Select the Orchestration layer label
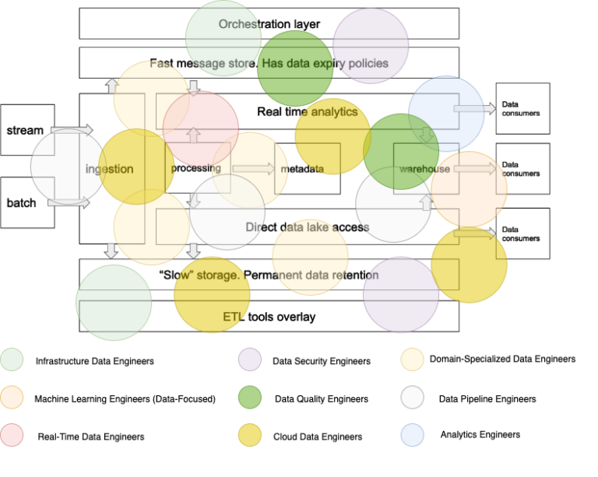(x=269, y=24)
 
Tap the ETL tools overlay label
(x=269, y=317)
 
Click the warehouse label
(x=424, y=169)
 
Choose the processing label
(x=195, y=168)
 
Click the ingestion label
(x=109, y=169)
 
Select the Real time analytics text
(x=307, y=112)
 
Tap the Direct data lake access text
(x=307, y=227)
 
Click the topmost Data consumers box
(x=522, y=108)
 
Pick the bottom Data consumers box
(x=522, y=233)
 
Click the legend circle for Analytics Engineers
(x=413, y=435)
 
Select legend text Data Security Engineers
(x=321, y=361)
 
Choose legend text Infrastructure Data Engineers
(x=94, y=361)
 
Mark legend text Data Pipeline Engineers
(x=487, y=399)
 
